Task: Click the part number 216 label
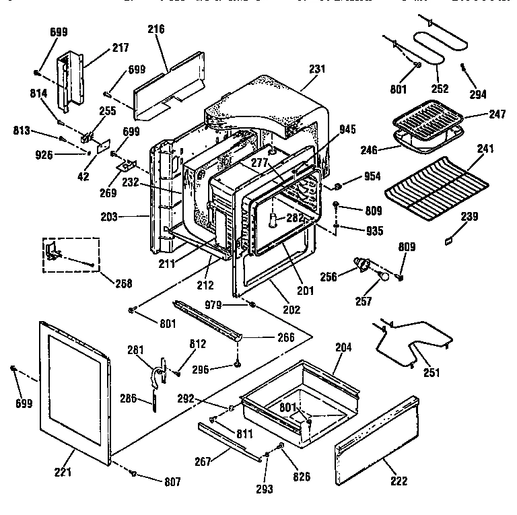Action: click(156, 29)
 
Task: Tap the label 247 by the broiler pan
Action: click(497, 115)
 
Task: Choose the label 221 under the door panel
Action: click(63, 472)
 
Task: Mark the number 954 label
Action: click(372, 176)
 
